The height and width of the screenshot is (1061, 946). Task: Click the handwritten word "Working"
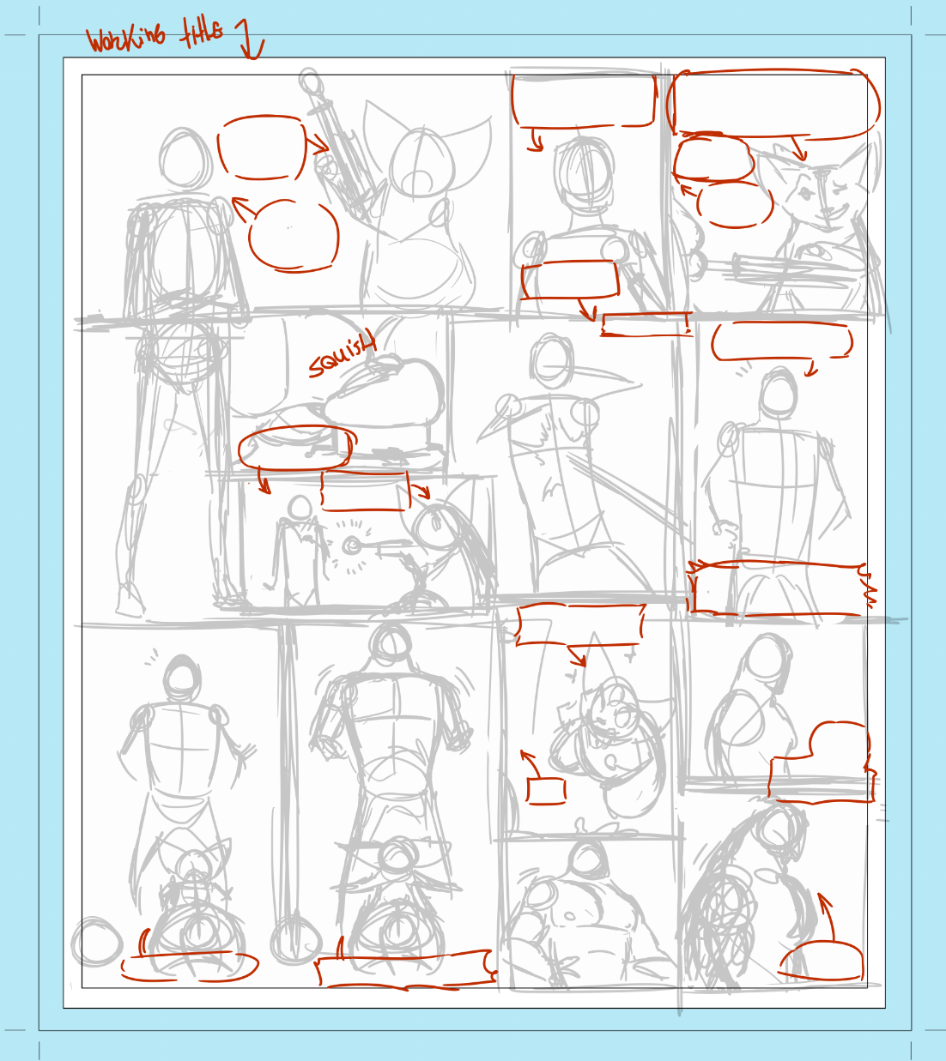(x=126, y=39)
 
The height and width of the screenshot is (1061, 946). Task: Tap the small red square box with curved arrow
(x=546, y=791)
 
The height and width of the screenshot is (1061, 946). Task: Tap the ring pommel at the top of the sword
(x=309, y=81)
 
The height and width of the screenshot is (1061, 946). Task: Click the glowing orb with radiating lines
(x=351, y=546)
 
